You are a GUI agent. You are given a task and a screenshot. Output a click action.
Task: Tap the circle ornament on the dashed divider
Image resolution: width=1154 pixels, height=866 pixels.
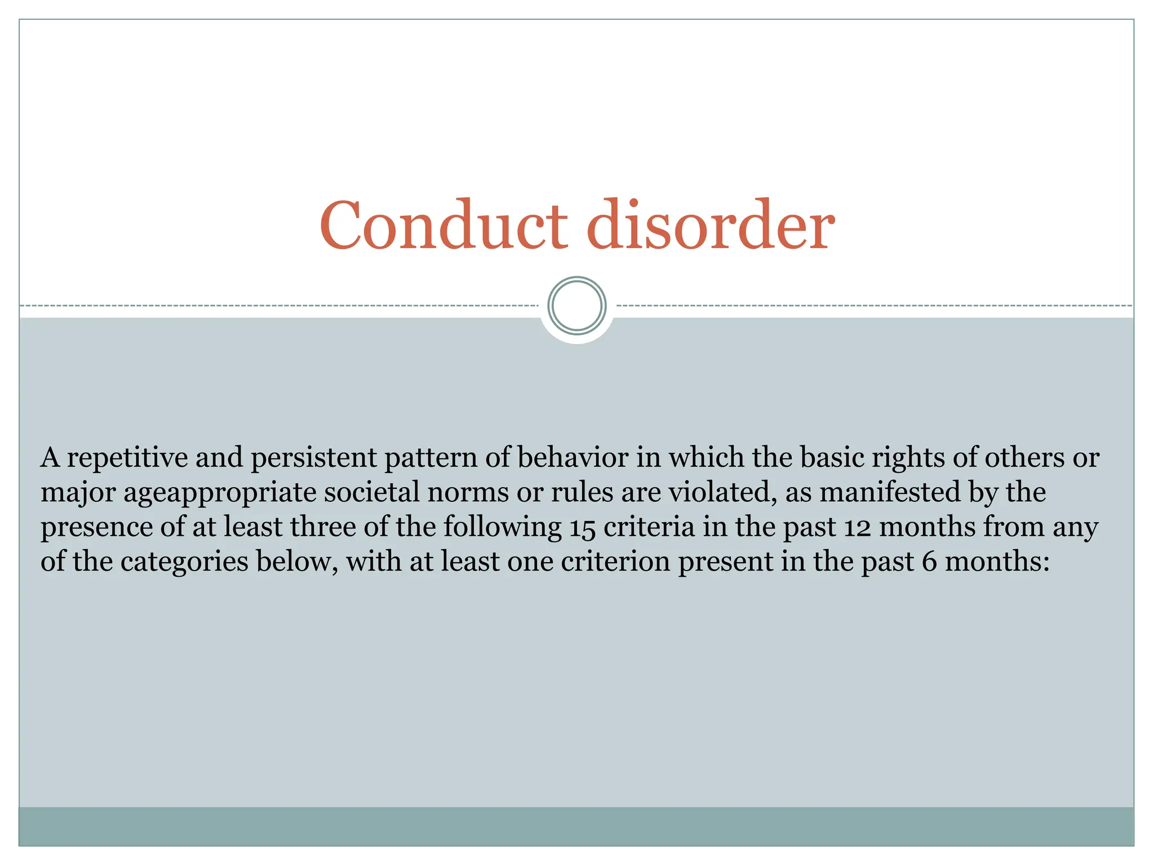click(x=576, y=306)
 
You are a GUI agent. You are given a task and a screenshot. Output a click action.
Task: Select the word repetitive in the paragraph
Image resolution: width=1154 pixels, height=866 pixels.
click(x=127, y=458)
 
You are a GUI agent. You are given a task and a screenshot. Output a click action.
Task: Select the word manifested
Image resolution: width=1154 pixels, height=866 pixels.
click(x=890, y=492)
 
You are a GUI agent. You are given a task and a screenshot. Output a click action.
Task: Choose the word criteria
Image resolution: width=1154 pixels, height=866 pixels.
click(x=649, y=527)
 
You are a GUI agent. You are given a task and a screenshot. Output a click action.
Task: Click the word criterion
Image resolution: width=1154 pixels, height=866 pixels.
click(x=615, y=562)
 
